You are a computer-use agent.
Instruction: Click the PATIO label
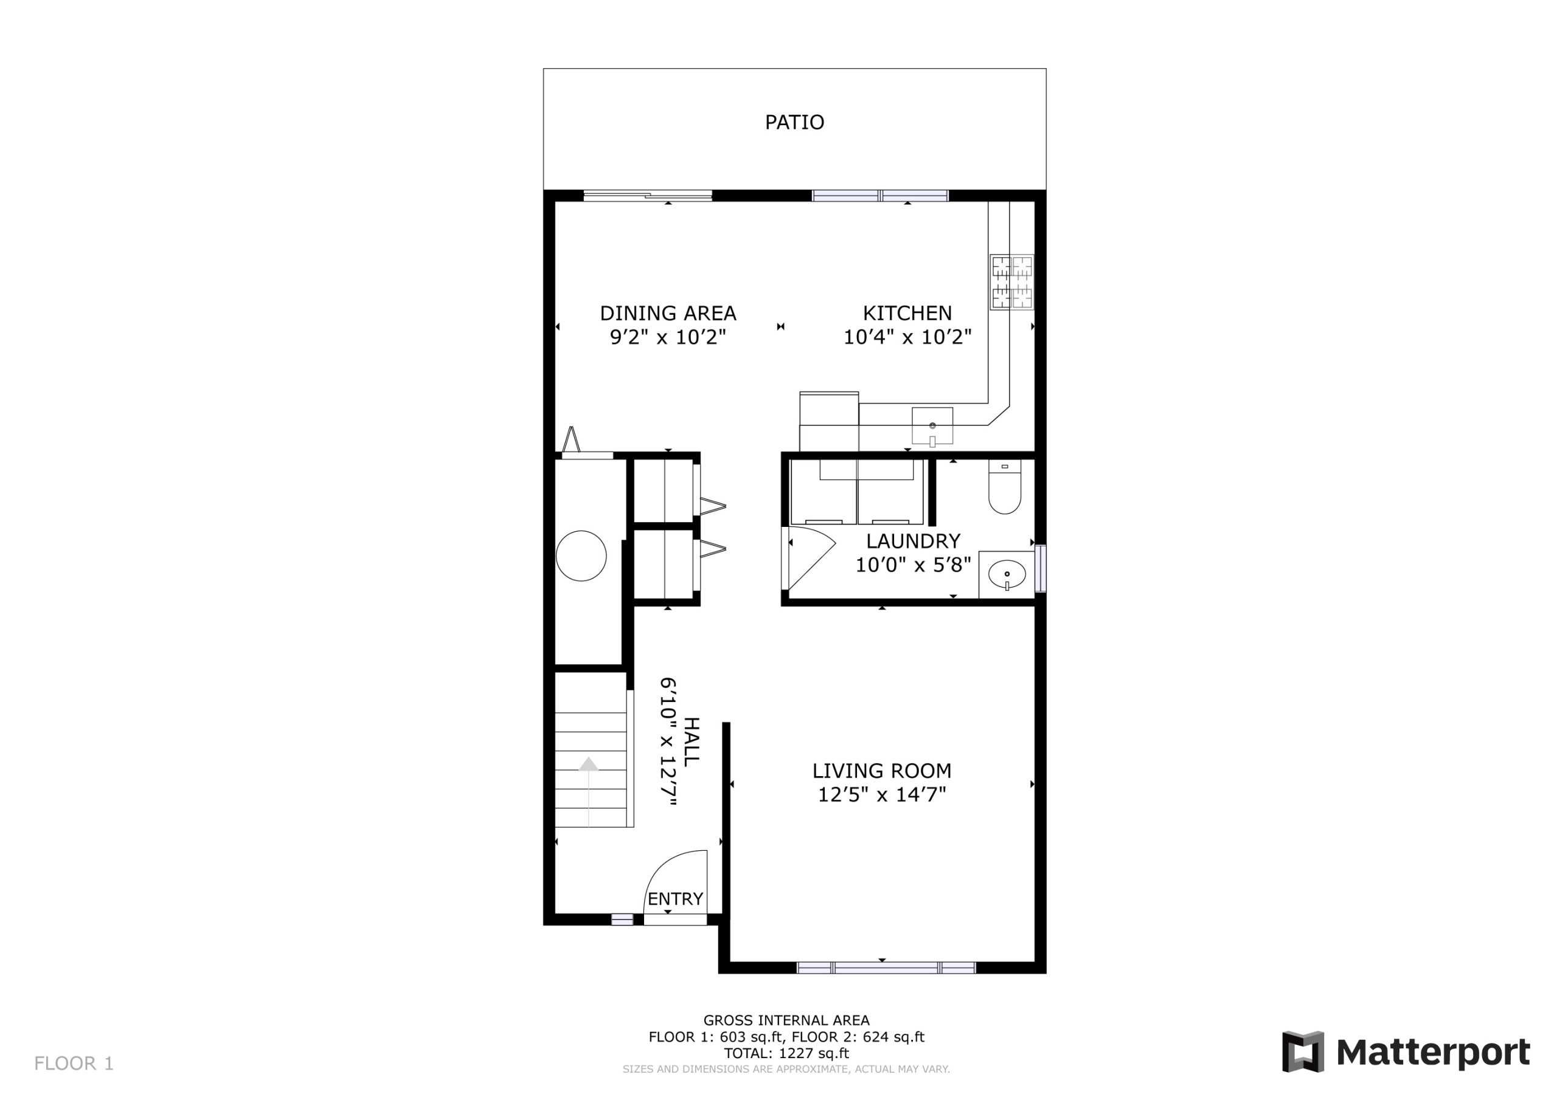pos(794,122)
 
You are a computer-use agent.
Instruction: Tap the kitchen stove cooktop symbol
pos(1012,282)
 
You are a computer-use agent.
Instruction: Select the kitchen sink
pos(932,426)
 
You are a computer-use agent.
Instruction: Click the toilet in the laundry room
pos(1004,488)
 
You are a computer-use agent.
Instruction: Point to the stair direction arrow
pos(589,765)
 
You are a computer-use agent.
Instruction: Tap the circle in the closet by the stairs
pos(581,555)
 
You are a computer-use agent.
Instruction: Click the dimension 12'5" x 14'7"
pos(881,794)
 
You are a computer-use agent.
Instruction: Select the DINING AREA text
pos(668,313)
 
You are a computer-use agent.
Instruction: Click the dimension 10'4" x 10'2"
pos(907,337)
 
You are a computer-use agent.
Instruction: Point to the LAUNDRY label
pos(913,541)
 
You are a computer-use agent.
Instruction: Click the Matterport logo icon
pos(1303,1052)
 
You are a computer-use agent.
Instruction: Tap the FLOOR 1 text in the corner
pos(74,1064)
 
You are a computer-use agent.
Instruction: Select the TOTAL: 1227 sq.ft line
pos(786,1053)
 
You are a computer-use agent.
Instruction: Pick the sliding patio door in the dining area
pos(648,196)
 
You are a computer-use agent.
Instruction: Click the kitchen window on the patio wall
pos(880,196)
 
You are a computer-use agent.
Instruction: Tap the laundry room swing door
pos(808,558)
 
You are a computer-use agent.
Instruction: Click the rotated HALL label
pos(690,742)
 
